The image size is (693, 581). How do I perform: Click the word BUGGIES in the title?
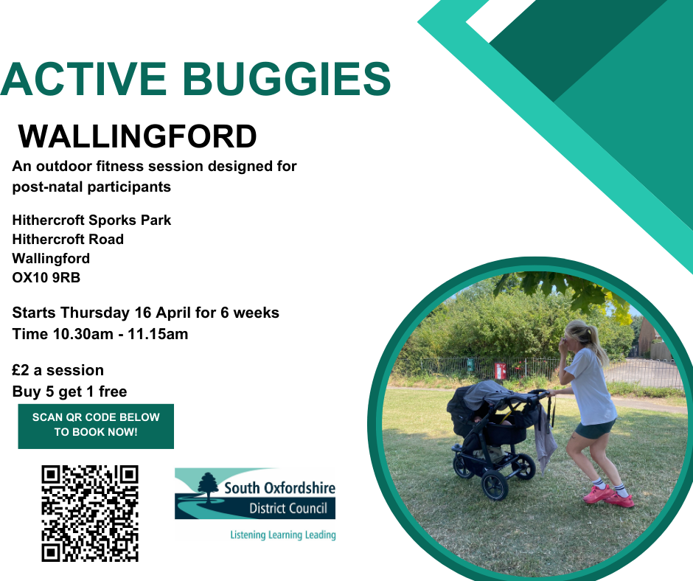[x=286, y=79]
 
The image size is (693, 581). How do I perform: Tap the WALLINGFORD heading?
[x=137, y=136]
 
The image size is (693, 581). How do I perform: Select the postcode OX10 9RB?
[x=46, y=278]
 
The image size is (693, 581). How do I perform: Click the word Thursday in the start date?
[x=95, y=313]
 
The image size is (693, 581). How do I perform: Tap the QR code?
[x=90, y=513]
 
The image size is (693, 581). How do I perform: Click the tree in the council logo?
[x=208, y=487]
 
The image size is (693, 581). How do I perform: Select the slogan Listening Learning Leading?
[x=283, y=535]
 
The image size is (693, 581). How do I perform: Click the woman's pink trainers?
[x=609, y=495]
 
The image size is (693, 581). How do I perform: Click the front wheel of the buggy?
[x=495, y=485]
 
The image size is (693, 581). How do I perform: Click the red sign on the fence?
[x=500, y=371]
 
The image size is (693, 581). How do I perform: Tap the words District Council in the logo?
[x=288, y=509]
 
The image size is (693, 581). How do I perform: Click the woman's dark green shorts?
[x=594, y=429]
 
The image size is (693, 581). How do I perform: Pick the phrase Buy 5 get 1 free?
[x=69, y=392]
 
